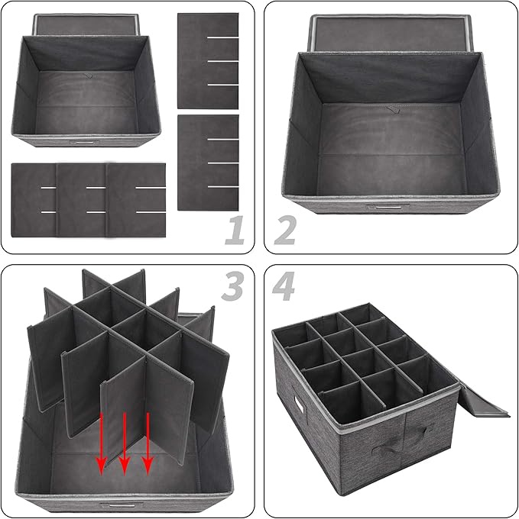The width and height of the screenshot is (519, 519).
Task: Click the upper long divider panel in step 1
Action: (207, 60)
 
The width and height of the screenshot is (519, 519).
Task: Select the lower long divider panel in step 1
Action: (207, 163)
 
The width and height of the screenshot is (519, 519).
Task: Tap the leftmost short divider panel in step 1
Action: (34, 198)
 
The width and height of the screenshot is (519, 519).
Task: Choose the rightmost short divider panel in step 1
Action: (138, 198)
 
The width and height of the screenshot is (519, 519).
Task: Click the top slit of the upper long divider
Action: (219, 37)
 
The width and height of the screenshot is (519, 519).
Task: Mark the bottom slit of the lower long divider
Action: (219, 187)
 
